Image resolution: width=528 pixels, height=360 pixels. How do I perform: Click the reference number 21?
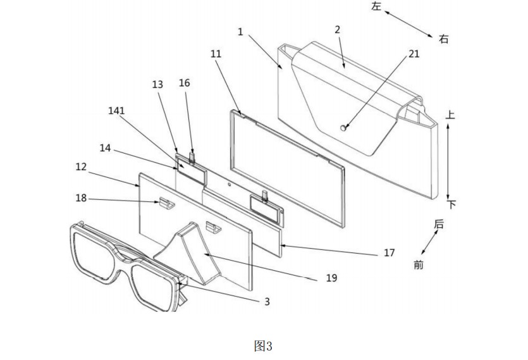click(414, 54)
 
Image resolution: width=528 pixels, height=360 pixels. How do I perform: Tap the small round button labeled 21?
click(343, 128)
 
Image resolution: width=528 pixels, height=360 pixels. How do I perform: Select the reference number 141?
click(116, 111)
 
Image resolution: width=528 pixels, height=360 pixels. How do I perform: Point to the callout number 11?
click(216, 54)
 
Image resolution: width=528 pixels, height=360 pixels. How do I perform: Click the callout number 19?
click(332, 278)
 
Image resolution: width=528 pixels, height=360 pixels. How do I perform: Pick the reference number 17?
click(390, 252)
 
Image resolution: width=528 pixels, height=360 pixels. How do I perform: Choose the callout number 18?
click(81, 198)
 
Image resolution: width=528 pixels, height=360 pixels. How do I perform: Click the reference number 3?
click(267, 301)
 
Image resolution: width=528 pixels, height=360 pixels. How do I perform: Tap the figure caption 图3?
click(263, 345)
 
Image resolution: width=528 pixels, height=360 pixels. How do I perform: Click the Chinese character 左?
click(376, 6)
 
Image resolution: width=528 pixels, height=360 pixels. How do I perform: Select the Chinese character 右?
click(444, 39)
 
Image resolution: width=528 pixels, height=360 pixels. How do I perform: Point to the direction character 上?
click(450, 115)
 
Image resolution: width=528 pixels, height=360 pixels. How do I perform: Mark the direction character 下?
click(451, 204)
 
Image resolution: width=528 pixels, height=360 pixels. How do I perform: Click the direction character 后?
click(439, 224)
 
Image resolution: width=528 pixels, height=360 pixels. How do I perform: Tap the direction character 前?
click(418, 265)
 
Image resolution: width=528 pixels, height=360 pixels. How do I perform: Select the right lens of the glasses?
click(152, 287)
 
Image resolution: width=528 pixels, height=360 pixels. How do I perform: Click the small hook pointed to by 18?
click(166, 202)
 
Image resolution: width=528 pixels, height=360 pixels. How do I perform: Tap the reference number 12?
click(81, 166)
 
